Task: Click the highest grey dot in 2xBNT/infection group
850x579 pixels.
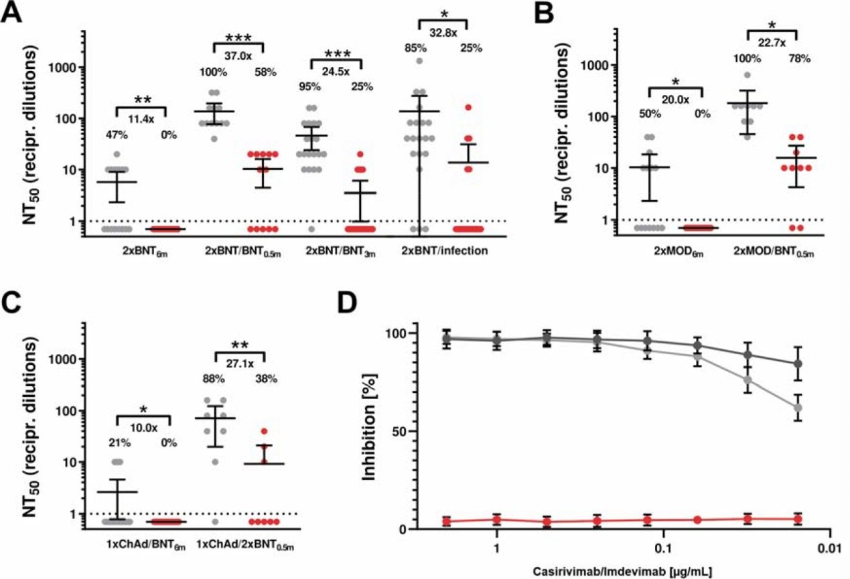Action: pyautogui.click(x=420, y=60)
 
